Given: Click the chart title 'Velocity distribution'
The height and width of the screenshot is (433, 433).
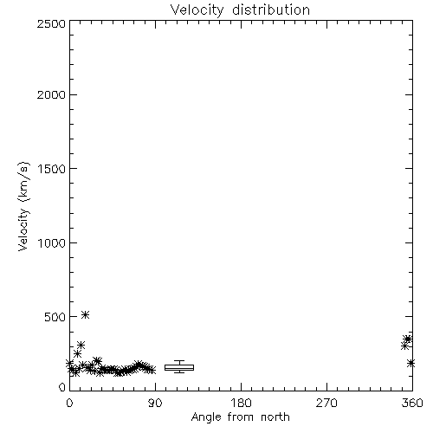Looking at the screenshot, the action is click(240, 10).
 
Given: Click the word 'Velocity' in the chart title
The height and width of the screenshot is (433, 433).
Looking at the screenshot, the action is click(197, 10).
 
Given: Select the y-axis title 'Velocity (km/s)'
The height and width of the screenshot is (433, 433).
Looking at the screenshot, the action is click(23, 206).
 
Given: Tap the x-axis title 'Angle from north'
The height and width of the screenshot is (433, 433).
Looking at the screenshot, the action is click(240, 417).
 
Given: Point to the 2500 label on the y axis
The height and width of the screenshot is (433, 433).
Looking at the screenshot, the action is click(51, 23).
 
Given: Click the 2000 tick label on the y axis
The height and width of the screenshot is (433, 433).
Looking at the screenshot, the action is click(51, 94).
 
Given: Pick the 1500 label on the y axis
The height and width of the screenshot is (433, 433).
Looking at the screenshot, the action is click(52, 169).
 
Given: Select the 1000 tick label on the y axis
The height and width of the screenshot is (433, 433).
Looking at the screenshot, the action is click(52, 242).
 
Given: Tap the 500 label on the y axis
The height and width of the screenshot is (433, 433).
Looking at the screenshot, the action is click(55, 317).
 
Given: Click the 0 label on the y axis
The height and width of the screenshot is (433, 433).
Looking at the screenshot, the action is click(62, 387).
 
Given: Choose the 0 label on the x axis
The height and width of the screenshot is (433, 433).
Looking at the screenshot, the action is click(69, 403).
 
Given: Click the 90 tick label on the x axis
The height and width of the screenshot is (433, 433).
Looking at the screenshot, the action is click(155, 403).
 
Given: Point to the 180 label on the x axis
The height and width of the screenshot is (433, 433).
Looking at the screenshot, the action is click(241, 403).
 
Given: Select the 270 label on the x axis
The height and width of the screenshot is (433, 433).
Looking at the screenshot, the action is click(326, 403).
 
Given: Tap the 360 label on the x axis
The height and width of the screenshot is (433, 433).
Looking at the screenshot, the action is click(412, 403).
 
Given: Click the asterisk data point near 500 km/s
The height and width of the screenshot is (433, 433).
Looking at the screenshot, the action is click(85, 314).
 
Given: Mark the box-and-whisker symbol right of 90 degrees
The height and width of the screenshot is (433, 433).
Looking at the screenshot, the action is click(179, 367).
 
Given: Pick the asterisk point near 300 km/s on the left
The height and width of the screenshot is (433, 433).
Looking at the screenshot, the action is click(81, 345).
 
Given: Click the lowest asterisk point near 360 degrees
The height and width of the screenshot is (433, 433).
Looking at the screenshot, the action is click(410, 363).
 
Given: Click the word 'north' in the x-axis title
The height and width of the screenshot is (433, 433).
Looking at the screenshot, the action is click(275, 417).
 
